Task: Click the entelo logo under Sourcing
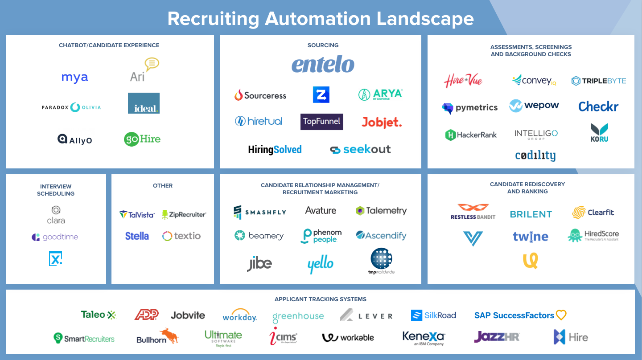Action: point(323,65)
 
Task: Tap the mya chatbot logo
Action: point(75,78)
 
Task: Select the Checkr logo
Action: point(598,106)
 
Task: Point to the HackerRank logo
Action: point(471,135)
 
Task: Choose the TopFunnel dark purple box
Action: point(322,121)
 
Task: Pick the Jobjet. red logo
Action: point(382,122)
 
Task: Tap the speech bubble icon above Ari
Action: point(152,65)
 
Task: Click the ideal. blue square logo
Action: point(144,103)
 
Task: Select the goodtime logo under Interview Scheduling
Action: point(55,237)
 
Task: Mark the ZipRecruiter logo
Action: point(184,214)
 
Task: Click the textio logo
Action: point(181,236)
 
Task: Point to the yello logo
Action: point(320,265)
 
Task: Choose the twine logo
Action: point(531,237)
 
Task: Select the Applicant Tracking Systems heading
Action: point(321,299)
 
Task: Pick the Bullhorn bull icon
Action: point(169,335)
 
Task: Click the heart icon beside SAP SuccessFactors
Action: point(561,315)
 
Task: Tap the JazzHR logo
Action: point(497,336)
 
